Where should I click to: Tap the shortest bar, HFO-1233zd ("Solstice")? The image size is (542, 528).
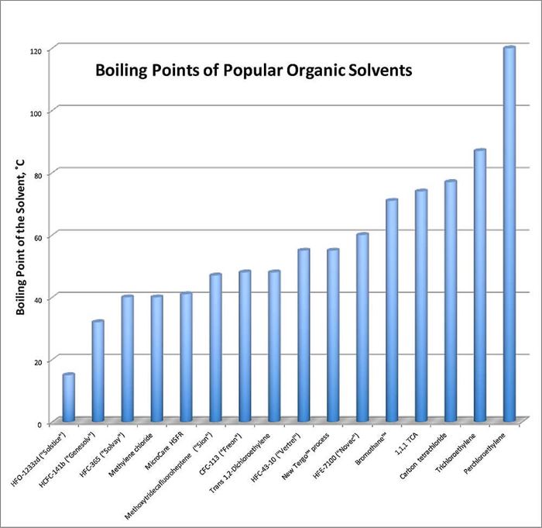[x=69, y=398]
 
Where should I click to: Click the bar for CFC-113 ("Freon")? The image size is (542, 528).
[x=245, y=346]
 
